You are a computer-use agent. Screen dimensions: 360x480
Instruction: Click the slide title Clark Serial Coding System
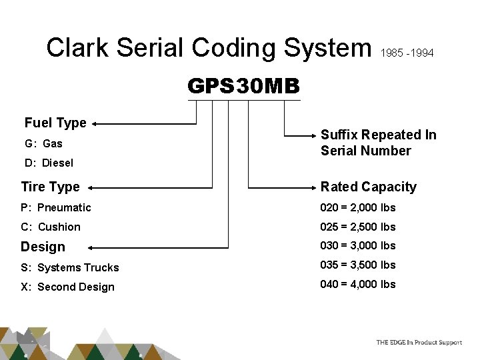(209, 47)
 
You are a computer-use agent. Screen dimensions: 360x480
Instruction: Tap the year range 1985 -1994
(407, 52)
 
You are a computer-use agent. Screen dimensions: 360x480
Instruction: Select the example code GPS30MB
(244, 87)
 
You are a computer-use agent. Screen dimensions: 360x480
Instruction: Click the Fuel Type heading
(55, 123)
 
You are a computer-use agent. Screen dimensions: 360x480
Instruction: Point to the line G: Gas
(43, 143)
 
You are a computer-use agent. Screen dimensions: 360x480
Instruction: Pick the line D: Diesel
(49, 163)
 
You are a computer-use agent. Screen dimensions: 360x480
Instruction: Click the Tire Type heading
(50, 187)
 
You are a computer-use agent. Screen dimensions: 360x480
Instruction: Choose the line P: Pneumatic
(56, 207)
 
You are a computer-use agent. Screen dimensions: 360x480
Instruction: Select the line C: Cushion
(51, 227)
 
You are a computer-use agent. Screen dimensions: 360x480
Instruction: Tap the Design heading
(43, 247)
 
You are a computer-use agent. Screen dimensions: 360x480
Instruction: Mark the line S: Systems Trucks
(70, 267)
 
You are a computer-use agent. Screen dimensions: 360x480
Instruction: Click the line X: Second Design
(68, 287)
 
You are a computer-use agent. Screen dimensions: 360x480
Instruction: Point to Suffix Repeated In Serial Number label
(378, 143)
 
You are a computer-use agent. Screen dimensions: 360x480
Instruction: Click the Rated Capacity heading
(369, 187)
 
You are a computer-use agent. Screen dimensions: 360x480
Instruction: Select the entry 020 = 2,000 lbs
(358, 207)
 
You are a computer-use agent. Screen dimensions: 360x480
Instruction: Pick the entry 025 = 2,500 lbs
(358, 227)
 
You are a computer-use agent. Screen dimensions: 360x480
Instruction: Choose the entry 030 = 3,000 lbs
(358, 245)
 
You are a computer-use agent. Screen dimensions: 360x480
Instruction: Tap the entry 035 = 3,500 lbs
(358, 265)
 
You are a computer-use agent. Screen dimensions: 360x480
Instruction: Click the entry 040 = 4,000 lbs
(358, 284)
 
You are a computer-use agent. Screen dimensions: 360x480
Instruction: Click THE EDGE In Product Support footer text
(419, 342)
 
